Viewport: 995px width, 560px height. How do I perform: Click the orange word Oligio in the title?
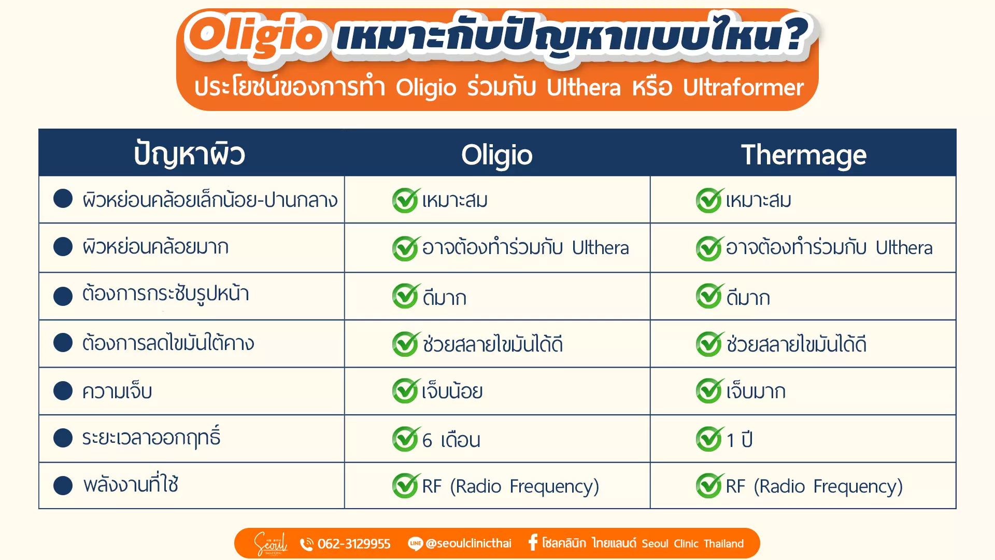tap(255, 35)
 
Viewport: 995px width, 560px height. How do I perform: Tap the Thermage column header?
tap(803, 155)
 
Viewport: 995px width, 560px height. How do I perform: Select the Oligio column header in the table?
tap(497, 155)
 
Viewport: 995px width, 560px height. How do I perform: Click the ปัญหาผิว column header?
tap(190, 154)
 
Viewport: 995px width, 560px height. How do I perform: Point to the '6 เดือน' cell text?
tap(451, 440)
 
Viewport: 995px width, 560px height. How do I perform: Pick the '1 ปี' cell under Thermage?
tap(740, 439)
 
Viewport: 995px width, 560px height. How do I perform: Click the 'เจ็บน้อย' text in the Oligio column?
tap(452, 391)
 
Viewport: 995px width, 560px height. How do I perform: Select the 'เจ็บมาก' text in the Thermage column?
tap(756, 391)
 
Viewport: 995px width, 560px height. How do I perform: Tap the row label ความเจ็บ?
tap(117, 391)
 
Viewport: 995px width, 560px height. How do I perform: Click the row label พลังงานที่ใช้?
tap(131, 484)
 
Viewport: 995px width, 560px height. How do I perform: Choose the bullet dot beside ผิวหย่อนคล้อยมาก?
tap(63, 246)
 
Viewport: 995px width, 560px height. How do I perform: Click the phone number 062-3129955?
tap(354, 543)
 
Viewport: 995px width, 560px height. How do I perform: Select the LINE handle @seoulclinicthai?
tap(468, 543)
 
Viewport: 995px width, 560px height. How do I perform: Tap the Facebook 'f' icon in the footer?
tap(533, 542)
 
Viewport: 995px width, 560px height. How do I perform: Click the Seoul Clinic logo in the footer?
tap(270, 543)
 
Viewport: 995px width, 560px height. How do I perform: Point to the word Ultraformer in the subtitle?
tap(743, 88)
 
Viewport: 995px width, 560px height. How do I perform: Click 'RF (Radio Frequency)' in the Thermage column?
tap(814, 486)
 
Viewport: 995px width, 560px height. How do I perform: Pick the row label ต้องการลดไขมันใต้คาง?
tap(168, 343)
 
